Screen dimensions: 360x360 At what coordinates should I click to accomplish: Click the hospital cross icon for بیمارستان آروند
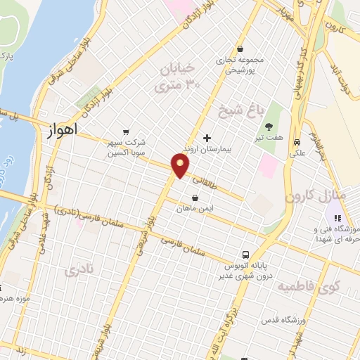tap(206, 138)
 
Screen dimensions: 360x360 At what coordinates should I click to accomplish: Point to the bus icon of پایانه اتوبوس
tap(245, 255)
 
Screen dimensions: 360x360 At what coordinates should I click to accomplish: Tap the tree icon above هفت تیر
tap(269, 127)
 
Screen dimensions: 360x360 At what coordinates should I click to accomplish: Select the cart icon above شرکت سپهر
tap(126, 131)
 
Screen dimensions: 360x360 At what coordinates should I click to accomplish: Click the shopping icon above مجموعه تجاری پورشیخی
tap(241, 49)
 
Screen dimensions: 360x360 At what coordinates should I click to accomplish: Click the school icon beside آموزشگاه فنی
tap(338, 219)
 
